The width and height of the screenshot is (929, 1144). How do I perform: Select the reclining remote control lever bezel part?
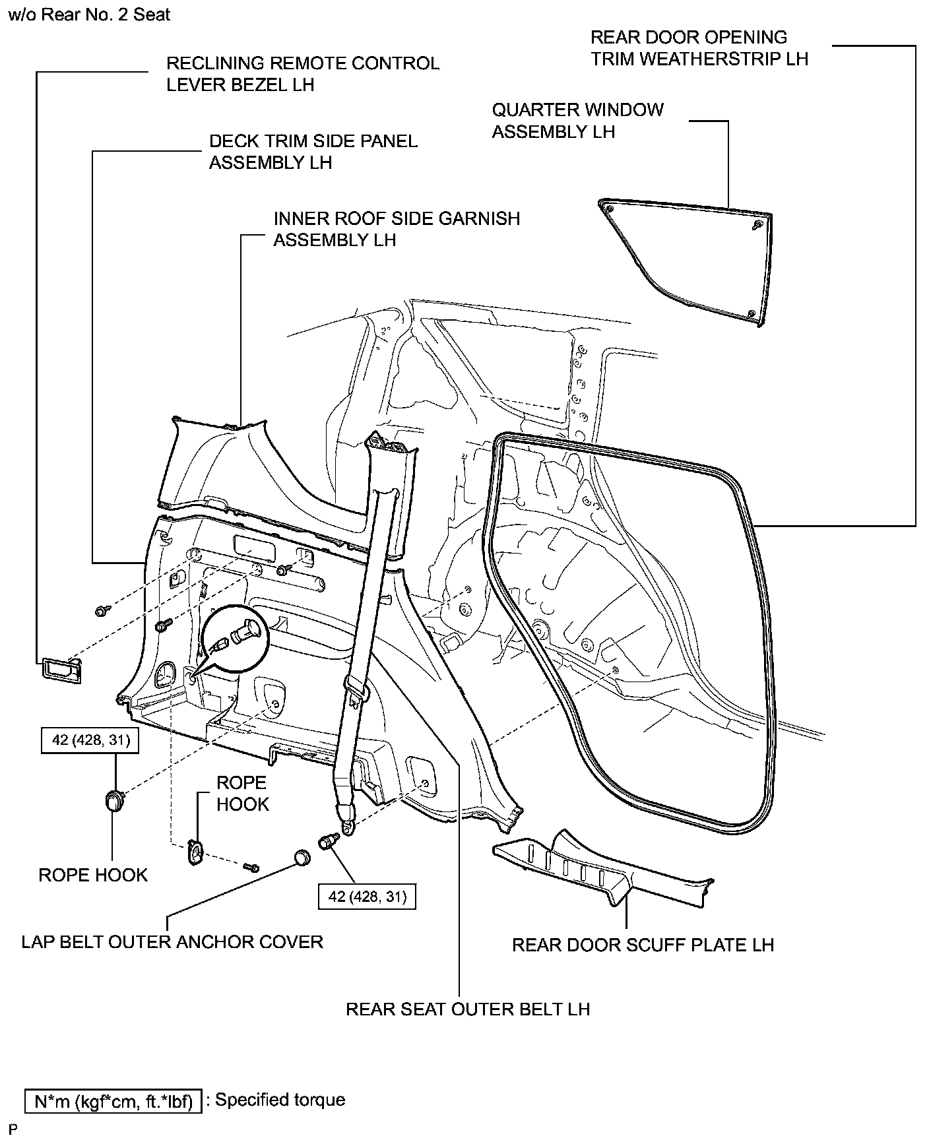tap(61, 669)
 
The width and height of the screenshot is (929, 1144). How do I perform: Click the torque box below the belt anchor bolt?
tap(368, 897)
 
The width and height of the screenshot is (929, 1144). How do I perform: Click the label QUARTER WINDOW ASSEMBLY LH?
tap(577, 121)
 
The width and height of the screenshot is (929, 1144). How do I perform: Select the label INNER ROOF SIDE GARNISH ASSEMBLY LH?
tap(397, 229)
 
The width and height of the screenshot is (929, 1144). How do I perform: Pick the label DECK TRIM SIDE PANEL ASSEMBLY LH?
tap(313, 152)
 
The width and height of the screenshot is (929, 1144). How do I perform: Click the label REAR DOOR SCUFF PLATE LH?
tap(642, 945)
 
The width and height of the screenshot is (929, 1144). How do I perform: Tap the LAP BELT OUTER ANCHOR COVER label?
tap(172, 941)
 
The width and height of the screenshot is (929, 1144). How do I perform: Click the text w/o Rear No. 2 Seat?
tap(89, 14)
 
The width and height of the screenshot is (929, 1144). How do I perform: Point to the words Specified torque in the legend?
tap(280, 1100)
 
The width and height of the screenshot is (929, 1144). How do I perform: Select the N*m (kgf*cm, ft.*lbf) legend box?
tap(113, 1101)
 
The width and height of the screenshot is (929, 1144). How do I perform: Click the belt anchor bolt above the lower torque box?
tap(328, 841)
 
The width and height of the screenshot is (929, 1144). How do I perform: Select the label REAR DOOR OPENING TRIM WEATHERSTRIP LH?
tap(699, 48)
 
